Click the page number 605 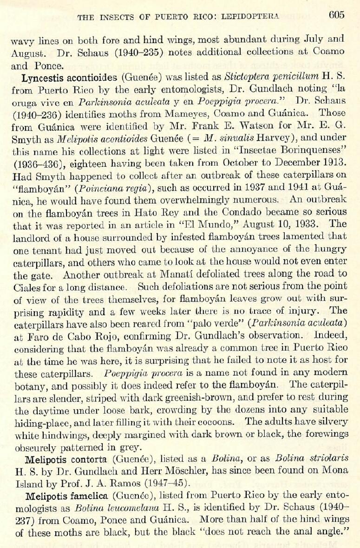point(336,15)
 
